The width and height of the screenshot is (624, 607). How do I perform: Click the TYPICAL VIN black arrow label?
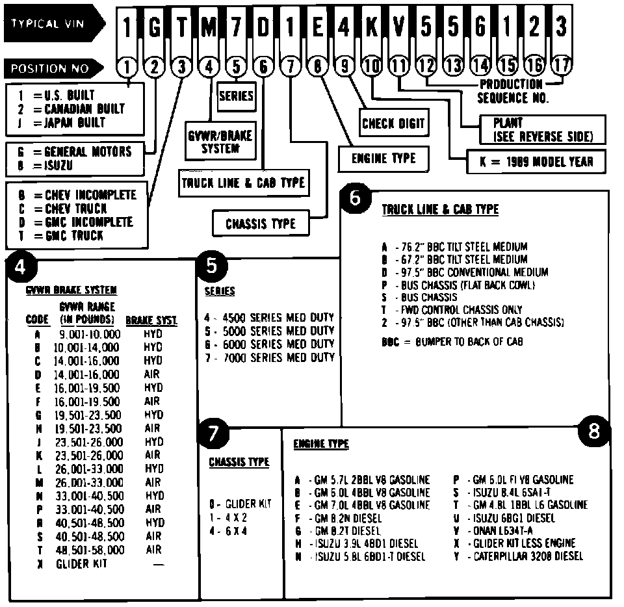click(52, 25)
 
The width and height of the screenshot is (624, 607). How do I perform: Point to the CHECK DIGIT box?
click(393, 123)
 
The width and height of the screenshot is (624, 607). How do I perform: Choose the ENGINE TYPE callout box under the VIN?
click(383, 159)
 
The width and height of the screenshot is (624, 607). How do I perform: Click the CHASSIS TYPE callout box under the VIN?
click(260, 224)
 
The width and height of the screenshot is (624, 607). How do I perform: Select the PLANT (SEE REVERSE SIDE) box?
click(541, 129)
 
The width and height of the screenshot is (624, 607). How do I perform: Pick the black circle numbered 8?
click(594, 430)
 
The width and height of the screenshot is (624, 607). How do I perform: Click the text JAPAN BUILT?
click(75, 122)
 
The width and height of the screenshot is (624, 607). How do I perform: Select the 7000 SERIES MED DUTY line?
click(269, 357)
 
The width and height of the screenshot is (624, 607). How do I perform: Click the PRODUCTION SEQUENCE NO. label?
click(512, 91)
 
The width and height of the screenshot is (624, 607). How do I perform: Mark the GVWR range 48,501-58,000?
click(89, 550)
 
